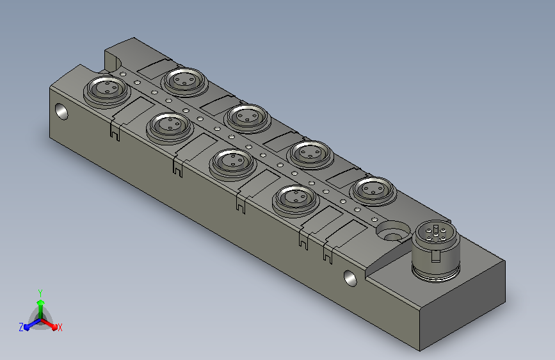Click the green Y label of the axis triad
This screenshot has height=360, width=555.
40,293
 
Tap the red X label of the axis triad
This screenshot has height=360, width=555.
60,328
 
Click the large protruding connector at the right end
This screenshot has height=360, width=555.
436,251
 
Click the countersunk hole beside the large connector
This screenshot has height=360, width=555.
392,231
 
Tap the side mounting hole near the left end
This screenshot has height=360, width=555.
61,111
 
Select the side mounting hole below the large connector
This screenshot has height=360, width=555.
350,278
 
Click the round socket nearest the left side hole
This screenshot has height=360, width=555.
107,91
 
